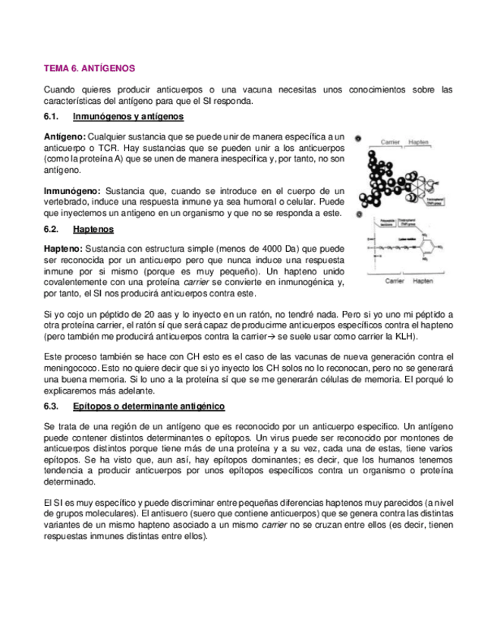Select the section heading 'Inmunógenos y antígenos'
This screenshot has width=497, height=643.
[127, 117]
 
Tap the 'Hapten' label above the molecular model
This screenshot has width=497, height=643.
[422, 142]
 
